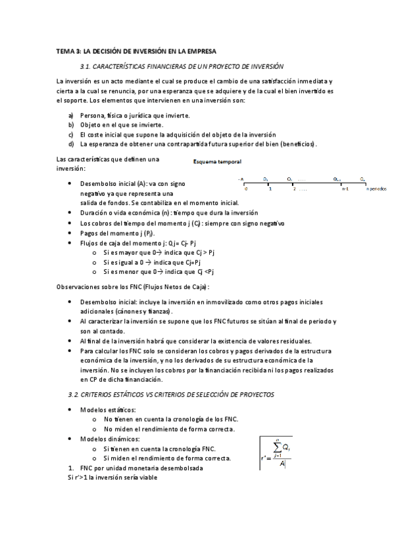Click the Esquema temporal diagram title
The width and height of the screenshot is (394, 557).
click(x=217, y=162)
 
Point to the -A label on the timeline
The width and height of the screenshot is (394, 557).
click(x=241, y=179)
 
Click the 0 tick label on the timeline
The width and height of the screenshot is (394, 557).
click(x=245, y=189)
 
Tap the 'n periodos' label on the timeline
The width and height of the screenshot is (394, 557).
click(x=377, y=189)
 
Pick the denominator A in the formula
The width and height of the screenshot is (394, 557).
click(x=282, y=464)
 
